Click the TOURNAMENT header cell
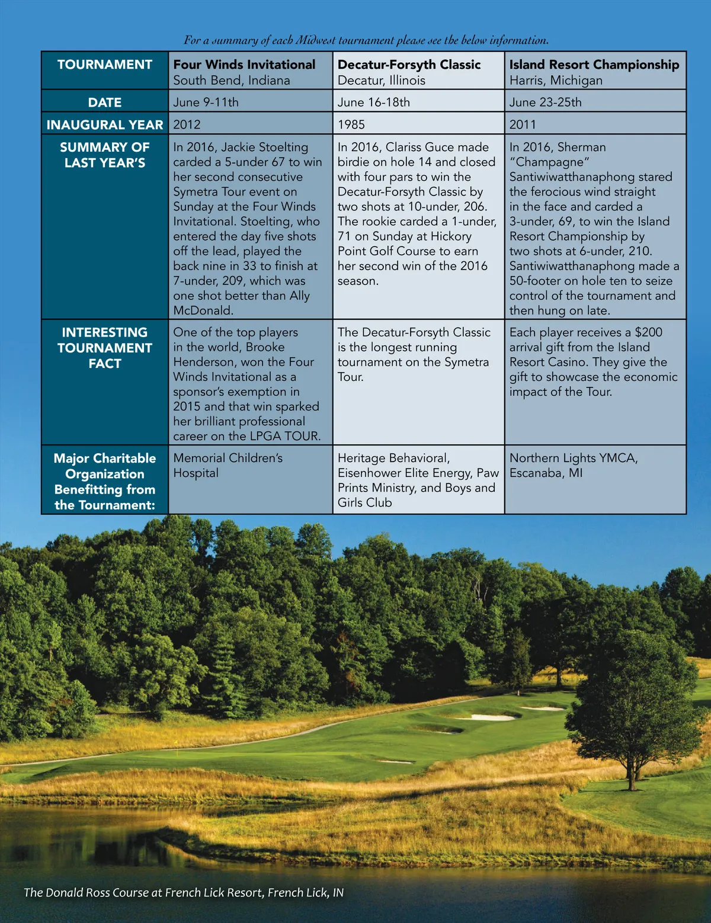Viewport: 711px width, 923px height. (x=105, y=65)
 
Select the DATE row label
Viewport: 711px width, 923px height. (x=105, y=102)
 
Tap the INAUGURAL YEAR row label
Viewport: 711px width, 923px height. (x=105, y=125)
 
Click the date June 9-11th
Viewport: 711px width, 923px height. (x=206, y=102)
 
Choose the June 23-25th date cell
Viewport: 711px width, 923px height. (x=545, y=102)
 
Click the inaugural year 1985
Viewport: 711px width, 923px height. (x=351, y=125)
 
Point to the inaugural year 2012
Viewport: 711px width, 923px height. (x=187, y=125)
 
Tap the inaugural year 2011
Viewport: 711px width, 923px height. (x=523, y=125)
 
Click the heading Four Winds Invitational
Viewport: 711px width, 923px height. (x=244, y=65)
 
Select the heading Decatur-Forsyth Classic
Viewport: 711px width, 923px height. (x=409, y=65)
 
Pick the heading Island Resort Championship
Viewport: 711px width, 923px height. (x=594, y=65)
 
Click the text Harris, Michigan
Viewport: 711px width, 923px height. (x=556, y=81)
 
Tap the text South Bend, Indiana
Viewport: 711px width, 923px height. (x=232, y=81)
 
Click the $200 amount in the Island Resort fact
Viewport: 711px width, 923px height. (x=648, y=332)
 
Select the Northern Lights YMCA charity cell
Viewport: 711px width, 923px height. (x=574, y=466)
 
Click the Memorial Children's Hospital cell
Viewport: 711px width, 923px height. (x=228, y=466)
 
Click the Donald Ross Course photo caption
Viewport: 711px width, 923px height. (x=184, y=893)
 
